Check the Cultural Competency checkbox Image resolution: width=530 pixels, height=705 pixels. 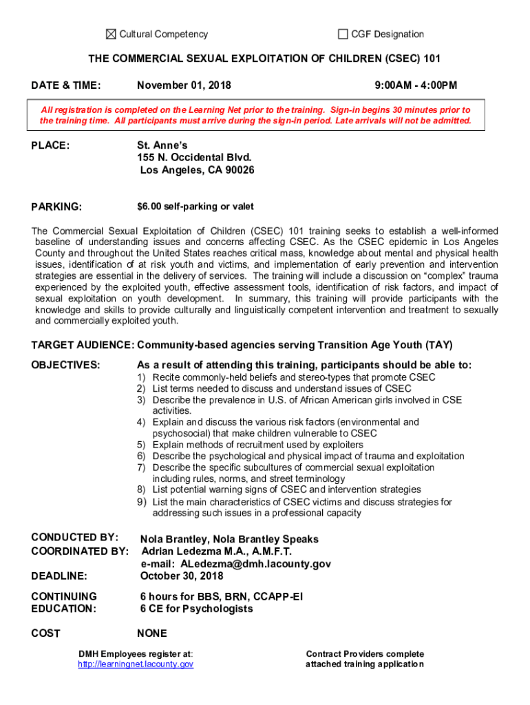(x=111, y=34)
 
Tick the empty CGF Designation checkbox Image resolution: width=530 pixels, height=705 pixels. (x=343, y=34)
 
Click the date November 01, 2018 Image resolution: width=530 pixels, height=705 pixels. (x=184, y=85)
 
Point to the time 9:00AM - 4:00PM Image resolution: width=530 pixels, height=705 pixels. (x=416, y=85)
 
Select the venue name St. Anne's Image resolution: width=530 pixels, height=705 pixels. (x=162, y=145)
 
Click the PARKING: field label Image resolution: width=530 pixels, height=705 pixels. (x=57, y=207)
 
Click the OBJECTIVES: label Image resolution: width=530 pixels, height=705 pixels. (x=66, y=365)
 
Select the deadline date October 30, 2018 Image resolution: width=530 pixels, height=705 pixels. (x=182, y=576)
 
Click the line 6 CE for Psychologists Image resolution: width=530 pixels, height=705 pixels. (x=196, y=609)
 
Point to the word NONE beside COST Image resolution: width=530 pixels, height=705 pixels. (x=152, y=633)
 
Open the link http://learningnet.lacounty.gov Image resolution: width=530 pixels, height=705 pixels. (x=136, y=664)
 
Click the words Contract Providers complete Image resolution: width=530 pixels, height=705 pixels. (x=365, y=654)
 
